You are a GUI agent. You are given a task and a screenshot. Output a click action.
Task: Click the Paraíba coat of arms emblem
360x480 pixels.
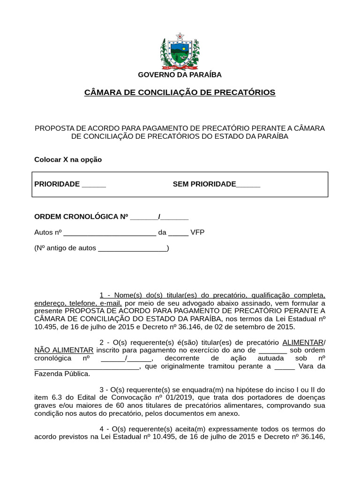point(180,51)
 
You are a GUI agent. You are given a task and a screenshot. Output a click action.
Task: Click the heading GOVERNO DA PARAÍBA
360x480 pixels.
point(180,75)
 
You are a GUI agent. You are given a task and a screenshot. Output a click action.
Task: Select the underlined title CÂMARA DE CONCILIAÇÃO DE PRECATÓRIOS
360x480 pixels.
point(180,92)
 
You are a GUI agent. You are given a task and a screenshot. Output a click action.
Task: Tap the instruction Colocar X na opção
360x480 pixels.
point(68,159)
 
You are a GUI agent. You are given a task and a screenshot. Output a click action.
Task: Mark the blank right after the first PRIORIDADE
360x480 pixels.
point(94,184)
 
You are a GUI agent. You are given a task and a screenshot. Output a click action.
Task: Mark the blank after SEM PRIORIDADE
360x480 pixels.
point(248,184)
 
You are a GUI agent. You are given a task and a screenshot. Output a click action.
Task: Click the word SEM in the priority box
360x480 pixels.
point(180,184)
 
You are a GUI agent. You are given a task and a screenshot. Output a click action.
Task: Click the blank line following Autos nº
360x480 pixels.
point(109,232)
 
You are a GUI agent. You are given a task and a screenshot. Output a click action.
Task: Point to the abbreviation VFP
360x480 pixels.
point(197,232)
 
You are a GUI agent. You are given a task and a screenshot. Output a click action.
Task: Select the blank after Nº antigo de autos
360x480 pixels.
point(132,248)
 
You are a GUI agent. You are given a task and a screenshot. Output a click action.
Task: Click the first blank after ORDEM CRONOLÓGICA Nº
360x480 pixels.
point(144,217)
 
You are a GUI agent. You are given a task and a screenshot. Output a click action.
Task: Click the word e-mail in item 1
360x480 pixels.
point(110,303)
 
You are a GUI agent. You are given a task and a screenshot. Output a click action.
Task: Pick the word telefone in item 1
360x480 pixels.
point(82,303)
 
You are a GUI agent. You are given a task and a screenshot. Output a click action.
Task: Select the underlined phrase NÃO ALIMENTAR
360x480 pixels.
point(64,350)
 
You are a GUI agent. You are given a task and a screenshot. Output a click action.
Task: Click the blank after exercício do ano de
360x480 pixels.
point(272,350)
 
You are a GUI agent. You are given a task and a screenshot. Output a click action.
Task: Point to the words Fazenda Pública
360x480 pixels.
point(62,374)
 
